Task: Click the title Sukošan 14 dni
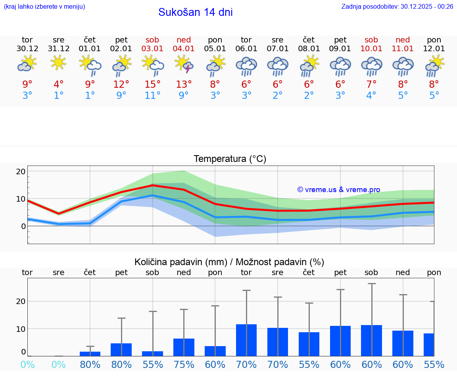[x=195, y=12]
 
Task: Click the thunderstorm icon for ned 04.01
[x=184, y=64]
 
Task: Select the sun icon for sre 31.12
[x=58, y=62]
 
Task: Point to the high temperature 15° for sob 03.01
[x=152, y=84]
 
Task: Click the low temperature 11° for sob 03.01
[x=152, y=95]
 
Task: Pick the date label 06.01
[x=246, y=49]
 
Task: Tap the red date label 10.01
[x=371, y=49]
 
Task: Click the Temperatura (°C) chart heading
[x=230, y=159]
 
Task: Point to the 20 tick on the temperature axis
[x=21, y=171]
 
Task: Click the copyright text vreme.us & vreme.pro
[x=339, y=190]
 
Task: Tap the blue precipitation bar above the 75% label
[x=184, y=347]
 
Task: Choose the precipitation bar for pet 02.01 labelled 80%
[x=121, y=350]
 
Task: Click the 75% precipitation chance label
[x=184, y=364]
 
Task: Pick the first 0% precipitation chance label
[x=27, y=364]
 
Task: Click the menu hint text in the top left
[x=44, y=6]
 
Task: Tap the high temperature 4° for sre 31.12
[x=58, y=84]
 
